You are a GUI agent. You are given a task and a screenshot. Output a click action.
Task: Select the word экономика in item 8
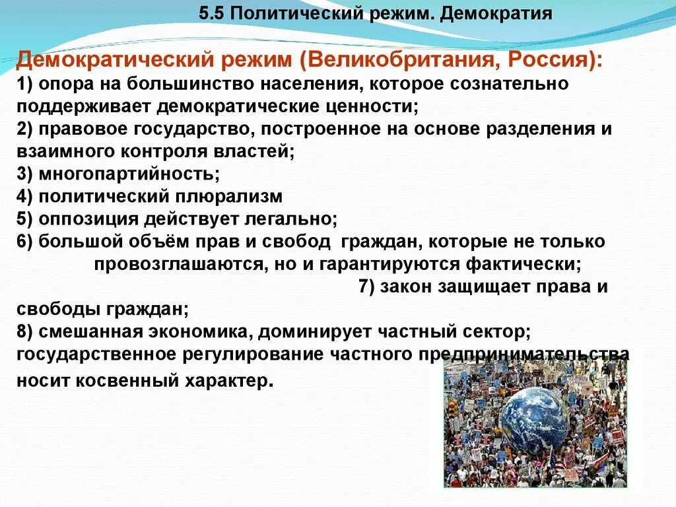(x=198, y=332)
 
